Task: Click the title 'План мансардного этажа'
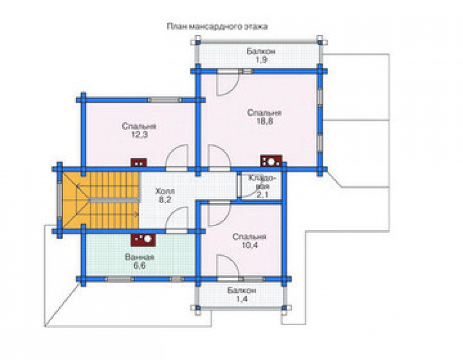(217, 26)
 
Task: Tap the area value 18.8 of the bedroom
(264, 121)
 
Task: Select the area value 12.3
(139, 135)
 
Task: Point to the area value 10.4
(250, 245)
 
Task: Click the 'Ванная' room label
(139, 257)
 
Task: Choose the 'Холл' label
(165, 191)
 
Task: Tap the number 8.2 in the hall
(165, 199)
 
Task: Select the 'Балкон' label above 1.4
(242, 291)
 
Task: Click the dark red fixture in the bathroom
(143, 240)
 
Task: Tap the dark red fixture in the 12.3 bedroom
(139, 163)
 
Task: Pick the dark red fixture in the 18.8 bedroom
(271, 161)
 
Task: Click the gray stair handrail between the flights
(114, 200)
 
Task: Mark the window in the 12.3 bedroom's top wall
(164, 100)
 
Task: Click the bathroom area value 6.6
(139, 266)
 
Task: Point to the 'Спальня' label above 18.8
(264, 113)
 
